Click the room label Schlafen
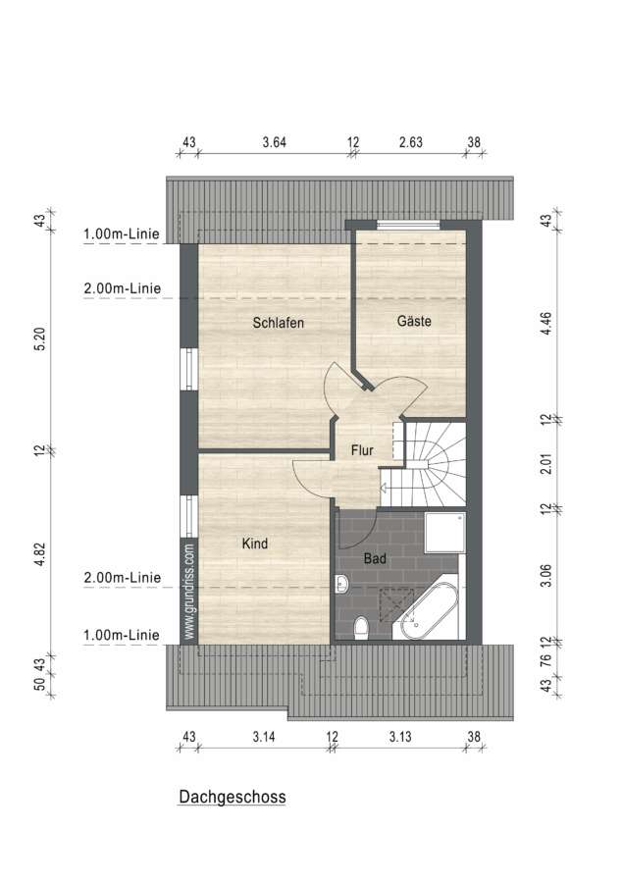tap(278, 323)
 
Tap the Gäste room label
tap(414, 321)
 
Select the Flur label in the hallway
tap(362, 450)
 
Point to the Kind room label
tap(254, 544)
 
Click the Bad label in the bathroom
tap(375, 558)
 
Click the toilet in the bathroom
tap(361, 627)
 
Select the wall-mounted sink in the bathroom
tap(341, 585)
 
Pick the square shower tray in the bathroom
tap(444, 533)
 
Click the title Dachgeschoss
tap(233, 797)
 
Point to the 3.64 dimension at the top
tap(274, 142)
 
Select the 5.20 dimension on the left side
tap(39, 339)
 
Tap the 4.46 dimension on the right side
tap(545, 324)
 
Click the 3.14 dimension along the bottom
tap(264, 736)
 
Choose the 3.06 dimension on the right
tap(545, 575)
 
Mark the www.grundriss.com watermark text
tap(189, 591)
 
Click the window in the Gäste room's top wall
tap(408, 225)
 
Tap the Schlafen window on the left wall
tap(189, 369)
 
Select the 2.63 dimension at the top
tap(411, 142)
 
